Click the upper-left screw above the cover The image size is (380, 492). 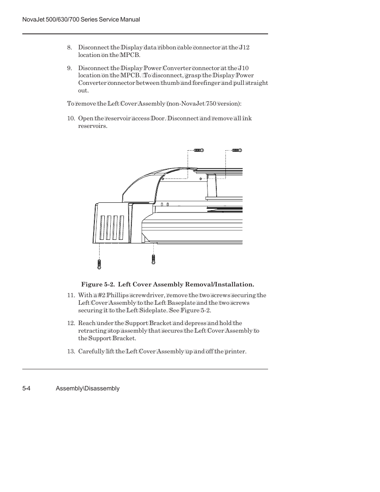(199, 150)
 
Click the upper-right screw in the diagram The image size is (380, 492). (237, 150)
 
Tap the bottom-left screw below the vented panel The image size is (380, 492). (99, 263)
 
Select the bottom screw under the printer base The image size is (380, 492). (153, 259)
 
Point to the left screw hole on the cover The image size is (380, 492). (163, 178)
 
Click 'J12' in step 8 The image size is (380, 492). (244, 47)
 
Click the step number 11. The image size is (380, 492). (71, 295)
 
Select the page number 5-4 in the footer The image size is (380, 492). (27, 388)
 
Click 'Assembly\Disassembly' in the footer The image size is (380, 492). (88, 388)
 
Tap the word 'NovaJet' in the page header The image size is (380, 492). (33, 20)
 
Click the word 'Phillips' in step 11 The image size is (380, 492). (116, 295)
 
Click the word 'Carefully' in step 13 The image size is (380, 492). (91, 351)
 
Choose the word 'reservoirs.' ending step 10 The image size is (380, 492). (92, 126)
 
